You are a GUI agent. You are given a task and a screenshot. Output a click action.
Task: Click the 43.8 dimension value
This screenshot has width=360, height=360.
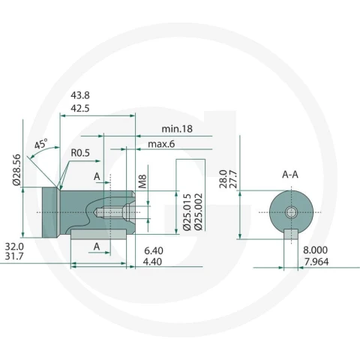[x=80, y=95]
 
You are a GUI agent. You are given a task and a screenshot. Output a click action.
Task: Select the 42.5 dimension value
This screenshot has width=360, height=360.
[x=80, y=109]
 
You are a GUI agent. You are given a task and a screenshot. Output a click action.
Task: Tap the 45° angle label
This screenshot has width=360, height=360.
[x=40, y=144]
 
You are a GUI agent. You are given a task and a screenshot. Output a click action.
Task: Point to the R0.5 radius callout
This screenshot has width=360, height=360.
[x=80, y=153]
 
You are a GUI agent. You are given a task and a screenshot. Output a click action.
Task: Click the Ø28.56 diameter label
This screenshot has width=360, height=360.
[x=16, y=170]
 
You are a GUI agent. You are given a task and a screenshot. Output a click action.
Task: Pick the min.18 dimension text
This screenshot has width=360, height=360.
[x=177, y=129]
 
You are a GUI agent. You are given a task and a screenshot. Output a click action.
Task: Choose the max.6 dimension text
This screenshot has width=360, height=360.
[x=161, y=144]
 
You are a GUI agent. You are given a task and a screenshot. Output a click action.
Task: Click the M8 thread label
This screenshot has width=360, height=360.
[x=142, y=181]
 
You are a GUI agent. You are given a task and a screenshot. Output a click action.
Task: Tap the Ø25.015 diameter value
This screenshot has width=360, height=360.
[x=187, y=211]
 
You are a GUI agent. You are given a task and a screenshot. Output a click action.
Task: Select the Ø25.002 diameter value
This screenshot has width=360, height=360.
[x=199, y=211]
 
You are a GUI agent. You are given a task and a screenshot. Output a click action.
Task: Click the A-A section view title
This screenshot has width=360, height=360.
[x=290, y=175]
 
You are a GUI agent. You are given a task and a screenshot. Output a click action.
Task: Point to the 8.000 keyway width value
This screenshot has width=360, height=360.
[x=316, y=250]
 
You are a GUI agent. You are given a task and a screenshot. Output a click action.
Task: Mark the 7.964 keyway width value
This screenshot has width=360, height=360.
[x=316, y=262]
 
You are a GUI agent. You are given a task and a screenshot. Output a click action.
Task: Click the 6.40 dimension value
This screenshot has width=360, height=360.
[x=154, y=250]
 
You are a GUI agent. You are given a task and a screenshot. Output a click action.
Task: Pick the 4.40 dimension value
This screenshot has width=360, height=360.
[x=152, y=262]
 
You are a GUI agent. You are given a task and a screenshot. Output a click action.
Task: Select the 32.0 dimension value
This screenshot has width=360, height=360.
[x=14, y=247]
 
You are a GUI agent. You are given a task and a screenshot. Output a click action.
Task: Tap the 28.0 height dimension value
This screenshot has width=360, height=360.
[x=223, y=179]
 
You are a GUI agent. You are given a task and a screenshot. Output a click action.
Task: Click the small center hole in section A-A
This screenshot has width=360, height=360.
[x=291, y=212]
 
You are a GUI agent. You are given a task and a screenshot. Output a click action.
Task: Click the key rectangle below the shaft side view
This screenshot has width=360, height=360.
[x=98, y=235]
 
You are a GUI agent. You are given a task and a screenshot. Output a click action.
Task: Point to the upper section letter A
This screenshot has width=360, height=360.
[x=97, y=177]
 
